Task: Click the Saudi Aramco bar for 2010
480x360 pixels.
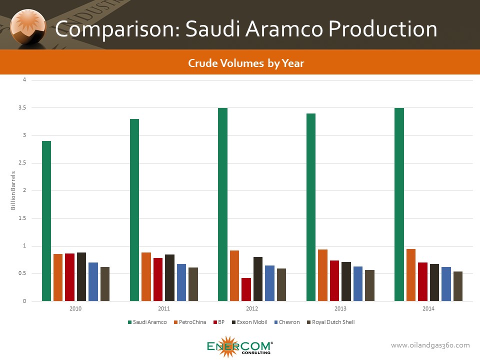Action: click(x=46, y=221)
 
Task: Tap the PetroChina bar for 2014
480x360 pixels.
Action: click(x=410, y=275)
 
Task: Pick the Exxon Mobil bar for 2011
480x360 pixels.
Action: click(x=169, y=277)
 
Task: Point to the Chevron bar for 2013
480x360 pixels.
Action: click(x=358, y=283)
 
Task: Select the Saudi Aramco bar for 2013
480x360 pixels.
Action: click(x=310, y=207)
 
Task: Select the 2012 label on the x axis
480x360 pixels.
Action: click(x=252, y=308)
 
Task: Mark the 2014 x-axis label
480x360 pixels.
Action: click(x=428, y=308)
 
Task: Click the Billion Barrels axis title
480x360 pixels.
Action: click(x=13, y=190)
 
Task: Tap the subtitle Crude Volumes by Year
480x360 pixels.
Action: click(x=246, y=63)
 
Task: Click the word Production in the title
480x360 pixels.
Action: click(x=382, y=29)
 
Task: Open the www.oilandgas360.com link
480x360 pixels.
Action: click(x=430, y=345)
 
